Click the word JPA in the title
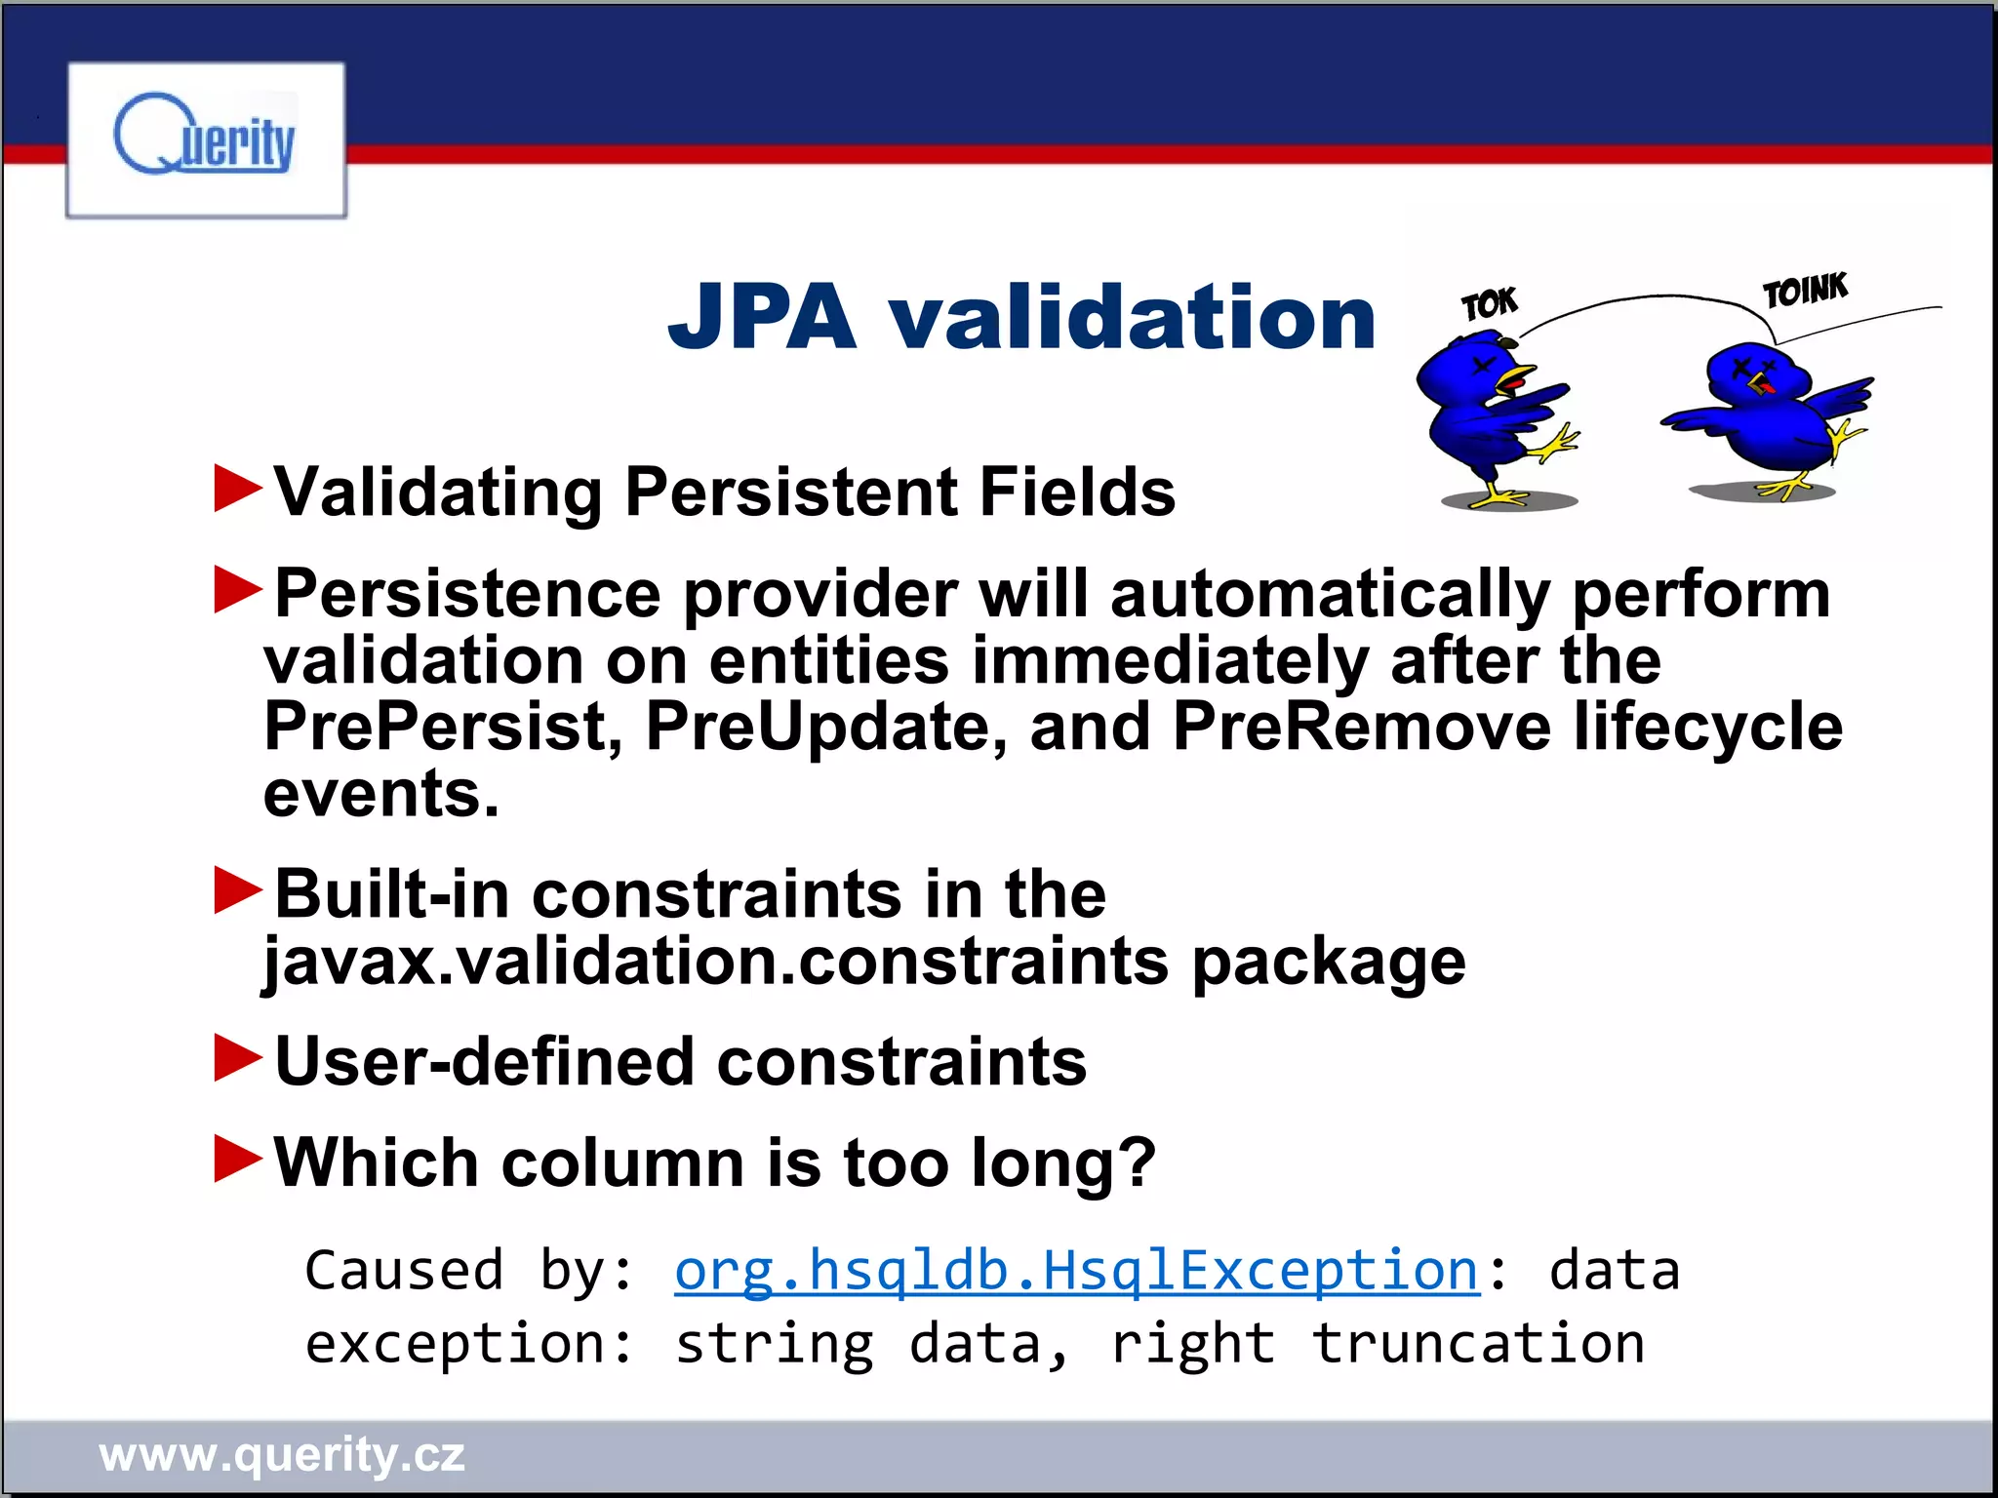[x=762, y=317]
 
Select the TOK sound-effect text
[x=1489, y=304]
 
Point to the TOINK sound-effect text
[x=1805, y=291]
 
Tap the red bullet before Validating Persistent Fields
[x=237, y=489]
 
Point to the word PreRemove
[x=1361, y=727]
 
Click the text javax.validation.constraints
[x=716, y=961]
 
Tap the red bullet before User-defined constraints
[x=237, y=1059]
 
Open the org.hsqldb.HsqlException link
[x=1077, y=1271]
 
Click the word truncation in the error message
[x=1477, y=1344]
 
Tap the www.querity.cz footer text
[x=282, y=1455]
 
